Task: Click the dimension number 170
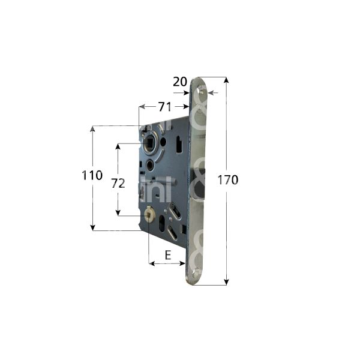click(228, 179)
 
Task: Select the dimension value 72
click(118, 184)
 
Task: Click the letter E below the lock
click(168, 255)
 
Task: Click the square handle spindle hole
click(149, 143)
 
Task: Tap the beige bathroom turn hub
click(149, 212)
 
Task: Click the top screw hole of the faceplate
click(203, 92)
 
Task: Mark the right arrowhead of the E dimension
click(183, 263)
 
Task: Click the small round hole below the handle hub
click(149, 164)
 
